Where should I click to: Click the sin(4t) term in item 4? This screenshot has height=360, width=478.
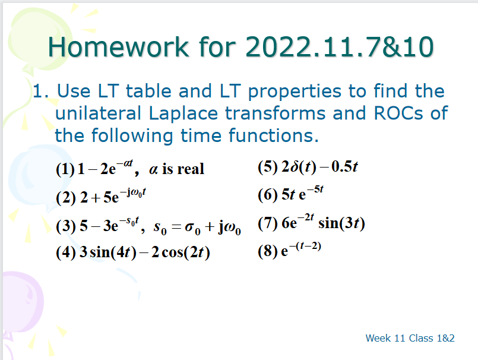click(x=113, y=252)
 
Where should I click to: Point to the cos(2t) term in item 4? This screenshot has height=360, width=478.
click(x=183, y=252)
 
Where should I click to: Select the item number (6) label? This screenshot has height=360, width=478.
click(x=268, y=195)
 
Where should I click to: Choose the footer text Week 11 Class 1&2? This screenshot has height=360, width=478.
click(x=410, y=338)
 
